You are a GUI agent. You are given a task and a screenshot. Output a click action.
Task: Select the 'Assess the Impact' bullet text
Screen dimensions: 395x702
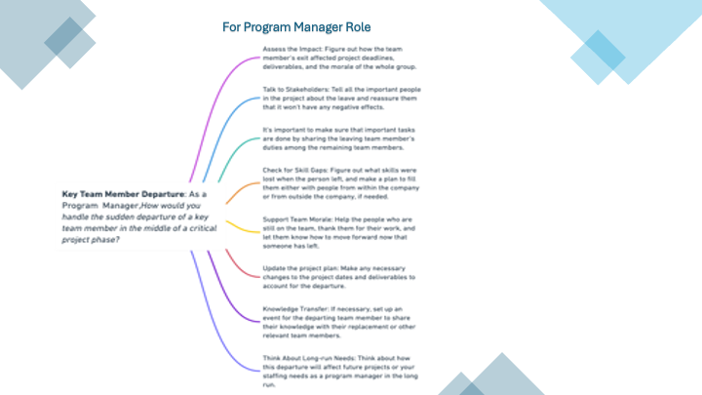332,58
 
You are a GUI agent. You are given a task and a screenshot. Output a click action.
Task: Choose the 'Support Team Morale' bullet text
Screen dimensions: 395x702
332,231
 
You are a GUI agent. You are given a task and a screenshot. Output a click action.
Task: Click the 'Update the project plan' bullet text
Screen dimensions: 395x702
332,276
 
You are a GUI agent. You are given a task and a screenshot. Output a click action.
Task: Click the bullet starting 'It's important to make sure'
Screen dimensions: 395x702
332,139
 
